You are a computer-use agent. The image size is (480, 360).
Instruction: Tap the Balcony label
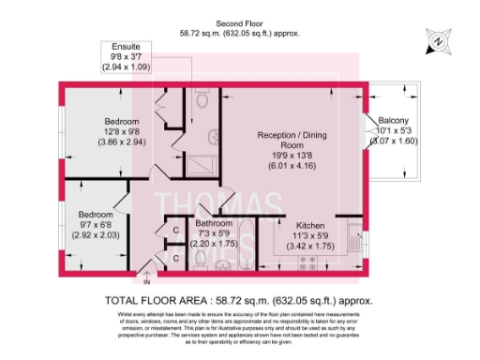tap(400, 121)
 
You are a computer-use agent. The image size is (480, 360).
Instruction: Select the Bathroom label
tap(214, 223)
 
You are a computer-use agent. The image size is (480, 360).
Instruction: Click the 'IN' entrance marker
tap(146, 280)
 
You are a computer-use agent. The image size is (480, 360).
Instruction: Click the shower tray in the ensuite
tap(200, 164)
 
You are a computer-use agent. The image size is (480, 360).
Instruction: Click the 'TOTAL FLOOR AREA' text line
tap(239, 300)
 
